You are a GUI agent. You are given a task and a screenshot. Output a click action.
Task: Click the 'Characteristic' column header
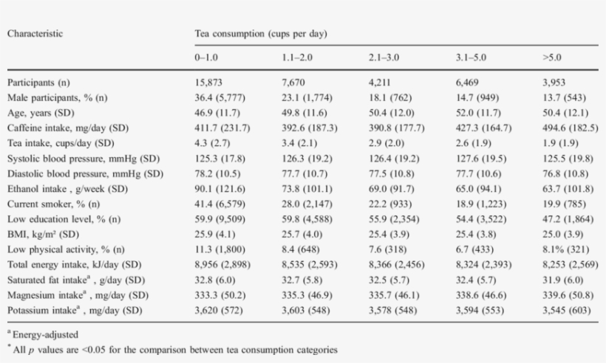click(35, 33)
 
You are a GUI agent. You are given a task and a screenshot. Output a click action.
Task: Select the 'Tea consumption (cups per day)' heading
click(261, 33)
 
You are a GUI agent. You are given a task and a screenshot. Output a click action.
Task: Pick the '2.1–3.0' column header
click(383, 57)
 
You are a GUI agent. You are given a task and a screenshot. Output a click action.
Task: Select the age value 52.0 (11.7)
click(480, 112)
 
